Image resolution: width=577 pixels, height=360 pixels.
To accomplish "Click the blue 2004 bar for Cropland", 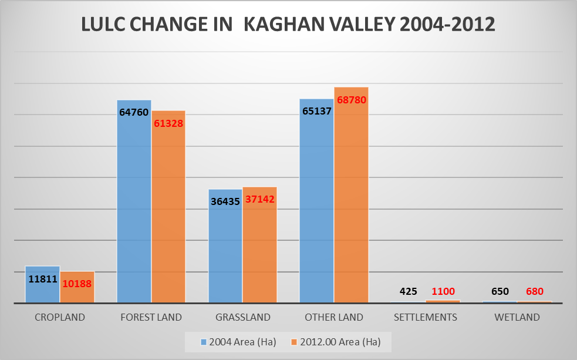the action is [x=42, y=285].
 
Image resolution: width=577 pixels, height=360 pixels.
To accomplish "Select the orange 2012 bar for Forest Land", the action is [x=168, y=207].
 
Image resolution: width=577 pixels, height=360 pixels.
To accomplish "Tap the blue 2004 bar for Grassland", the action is [x=225, y=246].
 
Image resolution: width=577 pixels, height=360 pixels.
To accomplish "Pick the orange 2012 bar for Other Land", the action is [x=352, y=195].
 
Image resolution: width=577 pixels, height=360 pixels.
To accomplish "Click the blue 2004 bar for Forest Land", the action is [x=134, y=201].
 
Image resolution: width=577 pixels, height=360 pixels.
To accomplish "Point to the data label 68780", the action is [x=352, y=100].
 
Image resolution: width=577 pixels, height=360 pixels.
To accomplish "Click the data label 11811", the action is [x=43, y=279].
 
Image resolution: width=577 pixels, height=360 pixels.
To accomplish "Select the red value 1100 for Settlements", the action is [x=443, y=291].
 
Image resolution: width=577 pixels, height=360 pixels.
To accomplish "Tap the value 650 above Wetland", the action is [x=500, y=291].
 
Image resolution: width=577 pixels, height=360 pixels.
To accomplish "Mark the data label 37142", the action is [x=260, y=199].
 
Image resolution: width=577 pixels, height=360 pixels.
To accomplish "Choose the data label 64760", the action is [x=134, y=112].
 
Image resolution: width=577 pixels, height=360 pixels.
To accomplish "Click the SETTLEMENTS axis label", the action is [x=426, y=317].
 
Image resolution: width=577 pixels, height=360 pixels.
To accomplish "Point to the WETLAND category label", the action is [x=517, y=317].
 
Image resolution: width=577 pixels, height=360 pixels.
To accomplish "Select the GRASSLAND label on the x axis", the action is [x=243, y=317].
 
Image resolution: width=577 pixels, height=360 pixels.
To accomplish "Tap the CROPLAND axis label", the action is [x=60, y=317].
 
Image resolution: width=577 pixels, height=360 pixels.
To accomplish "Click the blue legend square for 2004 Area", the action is [x=204, y=342].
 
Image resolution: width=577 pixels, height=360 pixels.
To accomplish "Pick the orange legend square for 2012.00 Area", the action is [x=294, y=342].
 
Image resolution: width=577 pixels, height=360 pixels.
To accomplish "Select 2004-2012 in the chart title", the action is [x=447, y=25].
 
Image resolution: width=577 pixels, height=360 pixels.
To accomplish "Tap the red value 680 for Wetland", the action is [x=534, y=291].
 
